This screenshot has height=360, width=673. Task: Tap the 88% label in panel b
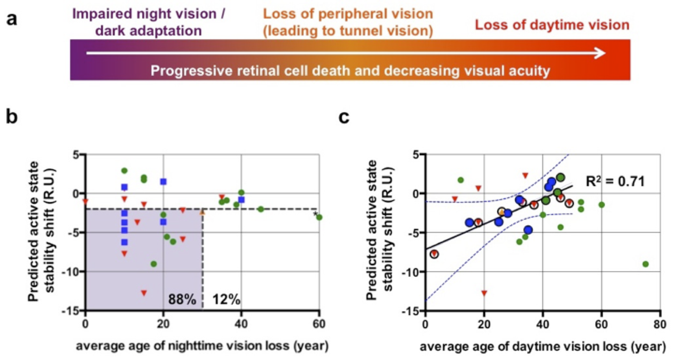pyautogui.click(x=182, y=299)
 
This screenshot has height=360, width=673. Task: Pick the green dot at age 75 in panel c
pyautogui.click(x=646, y=264)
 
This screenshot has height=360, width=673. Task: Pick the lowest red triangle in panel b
pyautogui.click(x=144, y=293)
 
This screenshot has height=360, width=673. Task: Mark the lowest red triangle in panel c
pyautogui.click(x=484, y=293)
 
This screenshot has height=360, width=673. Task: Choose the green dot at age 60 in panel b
pyautogui.click(x=319, y=217)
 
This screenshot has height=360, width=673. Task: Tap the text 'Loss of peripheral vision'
pyautogui.click(x=348, y=14)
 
